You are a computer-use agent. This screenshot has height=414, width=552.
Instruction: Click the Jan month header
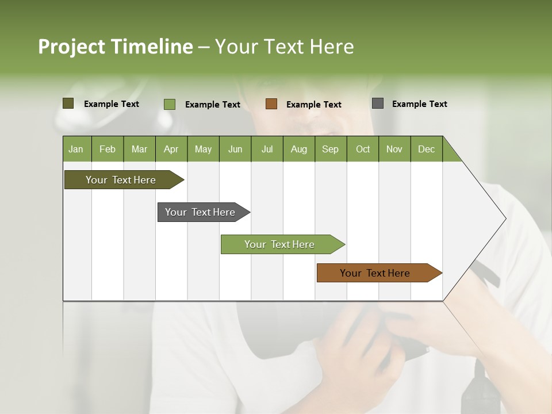point(76,149)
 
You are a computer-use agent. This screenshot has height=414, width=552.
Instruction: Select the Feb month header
point(108,149)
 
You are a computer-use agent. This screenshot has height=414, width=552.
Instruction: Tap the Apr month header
point(171,149)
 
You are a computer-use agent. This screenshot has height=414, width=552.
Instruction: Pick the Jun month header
point(235,149)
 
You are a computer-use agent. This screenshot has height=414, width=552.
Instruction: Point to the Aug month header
point(298,149)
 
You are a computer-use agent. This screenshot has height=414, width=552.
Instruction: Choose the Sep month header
point(330,149)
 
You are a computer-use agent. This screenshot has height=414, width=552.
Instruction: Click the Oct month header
point(363,149)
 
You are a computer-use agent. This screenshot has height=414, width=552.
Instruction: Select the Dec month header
point(426,149)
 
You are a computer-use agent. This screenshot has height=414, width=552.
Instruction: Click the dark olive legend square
point(68,103)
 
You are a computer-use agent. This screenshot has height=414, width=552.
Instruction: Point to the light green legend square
point(170,104)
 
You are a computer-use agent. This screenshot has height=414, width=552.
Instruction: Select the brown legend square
point(271,104)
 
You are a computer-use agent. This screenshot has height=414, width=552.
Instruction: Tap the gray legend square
point(378,103)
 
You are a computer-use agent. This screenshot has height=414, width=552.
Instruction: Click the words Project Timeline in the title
point(116,47)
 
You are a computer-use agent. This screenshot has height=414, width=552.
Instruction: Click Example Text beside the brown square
point(313,105)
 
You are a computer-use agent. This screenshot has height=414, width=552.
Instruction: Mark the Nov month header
point(394,149)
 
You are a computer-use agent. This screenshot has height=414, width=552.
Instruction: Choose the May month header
point(203,149)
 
